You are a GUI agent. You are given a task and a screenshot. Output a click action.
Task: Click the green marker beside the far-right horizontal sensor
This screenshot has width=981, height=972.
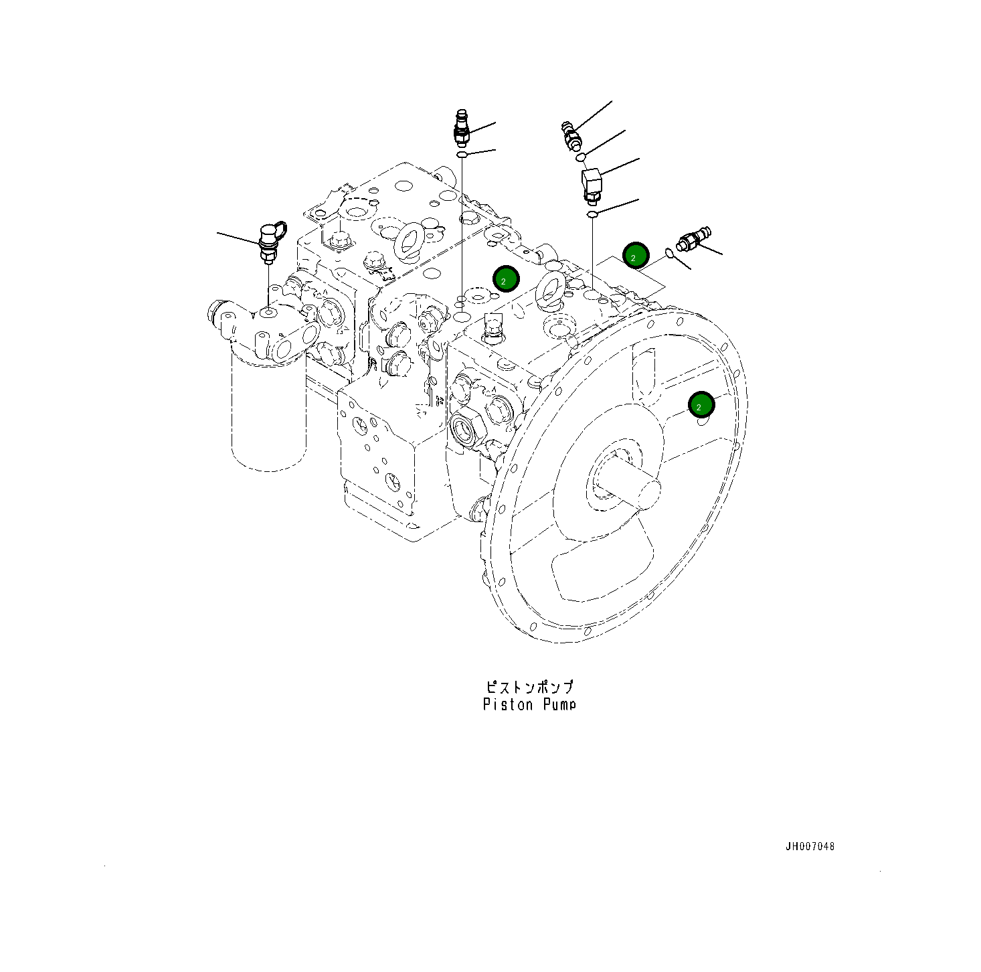coord(635,255)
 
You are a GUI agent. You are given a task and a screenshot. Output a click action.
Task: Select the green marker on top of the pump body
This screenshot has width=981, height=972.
coord(505,278)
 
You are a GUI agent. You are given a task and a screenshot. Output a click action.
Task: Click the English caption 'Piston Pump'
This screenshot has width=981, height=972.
coord(529,704)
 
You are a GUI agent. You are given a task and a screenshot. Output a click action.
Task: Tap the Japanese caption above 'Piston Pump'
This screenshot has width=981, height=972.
coord(529,687)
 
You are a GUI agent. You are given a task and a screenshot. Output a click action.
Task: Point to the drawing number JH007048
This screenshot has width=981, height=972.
coord(810,846)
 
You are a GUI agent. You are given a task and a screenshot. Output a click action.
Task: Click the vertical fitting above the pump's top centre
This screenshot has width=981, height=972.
coord(461,128)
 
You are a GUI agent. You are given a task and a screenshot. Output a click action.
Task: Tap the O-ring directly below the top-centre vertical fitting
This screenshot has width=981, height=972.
coord(462,156)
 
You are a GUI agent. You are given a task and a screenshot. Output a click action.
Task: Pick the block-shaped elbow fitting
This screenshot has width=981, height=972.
coord(592,183)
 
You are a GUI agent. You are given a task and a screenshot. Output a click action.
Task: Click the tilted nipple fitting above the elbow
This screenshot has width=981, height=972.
coord(571,135)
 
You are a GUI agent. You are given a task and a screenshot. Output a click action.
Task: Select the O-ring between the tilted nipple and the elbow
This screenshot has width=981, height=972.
coord(582,157)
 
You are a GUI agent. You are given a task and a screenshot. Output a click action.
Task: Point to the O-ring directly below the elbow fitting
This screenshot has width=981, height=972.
coord(592,214)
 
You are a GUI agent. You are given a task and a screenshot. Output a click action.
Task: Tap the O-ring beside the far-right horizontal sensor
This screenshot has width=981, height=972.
coord(669,253)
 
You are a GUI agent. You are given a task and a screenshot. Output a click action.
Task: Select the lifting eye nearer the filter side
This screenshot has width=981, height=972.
coord(408,241)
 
